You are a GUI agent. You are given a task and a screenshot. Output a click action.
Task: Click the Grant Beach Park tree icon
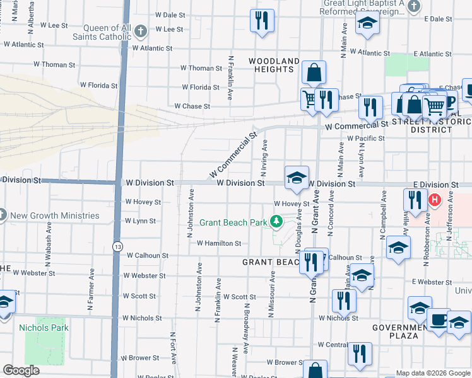276,221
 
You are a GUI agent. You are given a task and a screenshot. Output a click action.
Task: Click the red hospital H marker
434,201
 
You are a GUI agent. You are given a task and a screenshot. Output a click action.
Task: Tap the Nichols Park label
44,328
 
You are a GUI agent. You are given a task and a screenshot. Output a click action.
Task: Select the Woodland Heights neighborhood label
274,65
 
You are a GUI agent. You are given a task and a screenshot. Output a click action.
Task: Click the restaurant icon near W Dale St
262,20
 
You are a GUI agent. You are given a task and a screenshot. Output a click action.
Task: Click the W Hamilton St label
219,243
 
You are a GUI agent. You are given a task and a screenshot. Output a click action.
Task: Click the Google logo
21,370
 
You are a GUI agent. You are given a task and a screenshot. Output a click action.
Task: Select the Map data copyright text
433,373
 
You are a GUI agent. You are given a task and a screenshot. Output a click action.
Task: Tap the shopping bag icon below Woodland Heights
314,72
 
